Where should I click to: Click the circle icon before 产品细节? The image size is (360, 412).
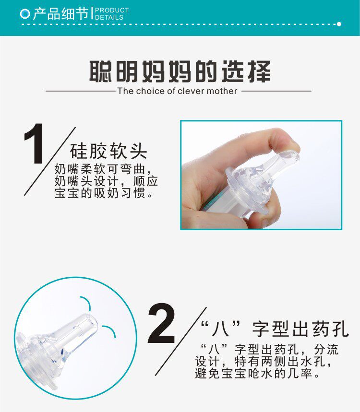coord(25,13)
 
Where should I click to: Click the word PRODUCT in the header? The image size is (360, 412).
coord(112,10)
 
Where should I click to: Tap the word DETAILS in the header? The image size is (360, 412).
coord(109,17)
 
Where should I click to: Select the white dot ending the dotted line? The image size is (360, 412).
coord(339,24)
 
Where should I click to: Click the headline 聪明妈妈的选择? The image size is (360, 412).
coord(180,71)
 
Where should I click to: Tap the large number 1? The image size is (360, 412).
coord(34,143)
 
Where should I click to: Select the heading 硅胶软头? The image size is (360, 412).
coord(108,152)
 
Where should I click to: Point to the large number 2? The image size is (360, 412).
coord(161,323)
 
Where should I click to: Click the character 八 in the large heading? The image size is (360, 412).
coord(220,329)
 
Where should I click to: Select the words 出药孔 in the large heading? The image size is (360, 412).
coord(320,329)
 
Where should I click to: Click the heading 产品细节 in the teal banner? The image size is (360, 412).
coord(61,13)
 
